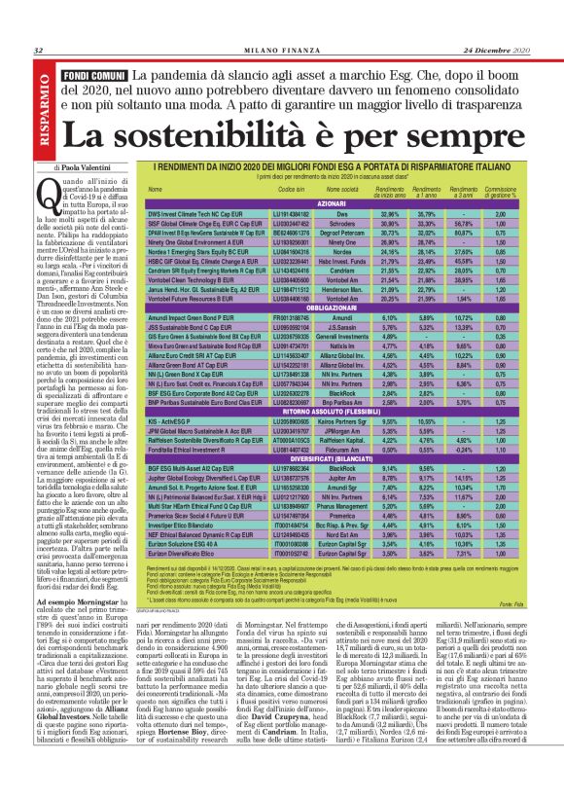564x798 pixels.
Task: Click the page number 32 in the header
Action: point(37,51)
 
